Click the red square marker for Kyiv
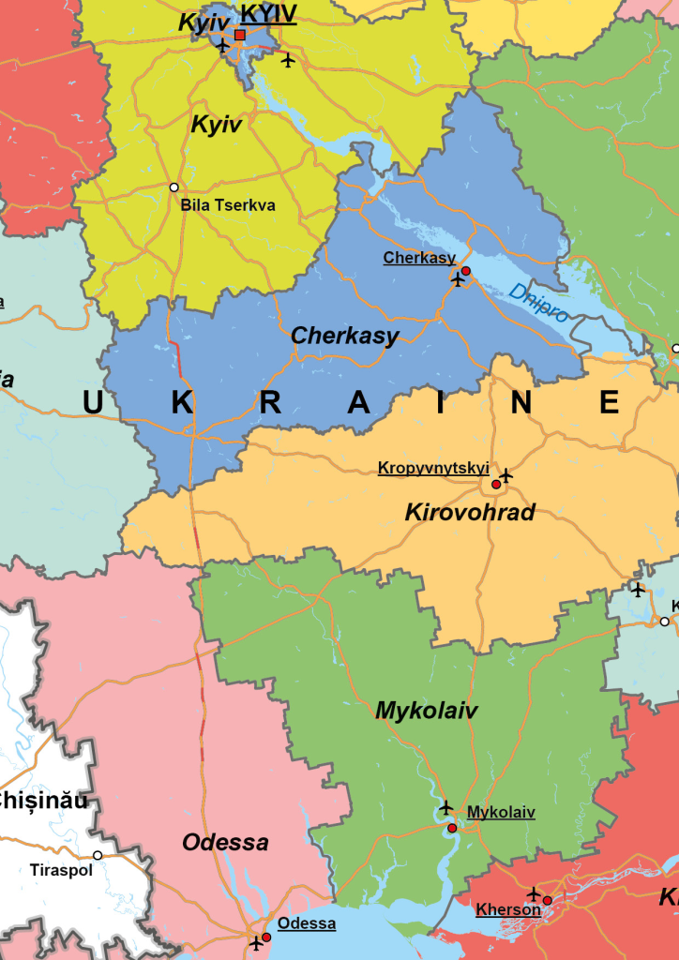tap(240, 35)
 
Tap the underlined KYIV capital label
tap(268, 14)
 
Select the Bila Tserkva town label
tap(228, 204)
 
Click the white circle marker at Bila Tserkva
tap(174, 187)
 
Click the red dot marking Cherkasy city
tap(465, 271)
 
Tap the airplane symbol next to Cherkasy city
tap(458, 279)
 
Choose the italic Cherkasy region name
tap(345, 336)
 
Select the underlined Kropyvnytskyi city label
tap(433, 467)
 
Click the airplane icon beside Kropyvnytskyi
tap(505, 475)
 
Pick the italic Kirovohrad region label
tap(470, 512)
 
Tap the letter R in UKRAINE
tap(270, 402)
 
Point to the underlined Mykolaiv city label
tap(501, 812)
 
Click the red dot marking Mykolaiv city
tap(452, 828)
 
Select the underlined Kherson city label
tap(507, 909)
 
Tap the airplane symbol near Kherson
tap(534, 893)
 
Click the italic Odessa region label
tap(225, 842)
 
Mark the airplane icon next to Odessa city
tap(256, 942)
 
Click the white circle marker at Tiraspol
tap(98, 855)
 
